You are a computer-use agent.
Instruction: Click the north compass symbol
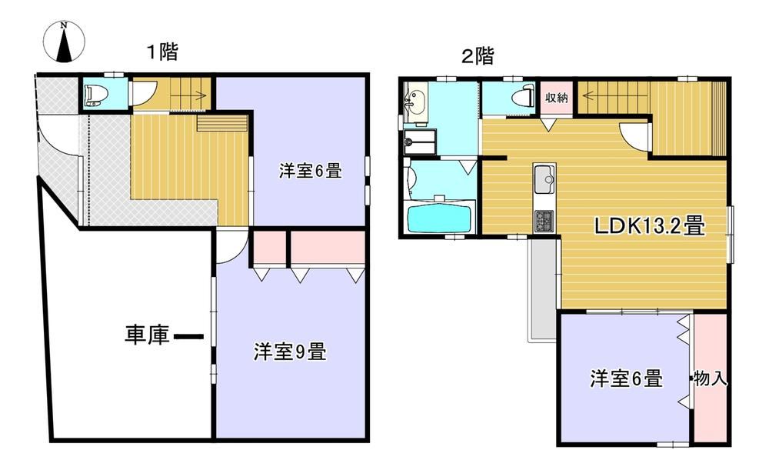coord(65,42)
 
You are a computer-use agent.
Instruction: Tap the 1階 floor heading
coord(163,52)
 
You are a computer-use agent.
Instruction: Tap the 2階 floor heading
coord(478,56)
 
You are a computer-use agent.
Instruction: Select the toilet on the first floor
coord(94,95)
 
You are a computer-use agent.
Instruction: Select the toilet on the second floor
coord(523,95)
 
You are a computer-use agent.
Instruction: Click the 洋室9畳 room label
coord(290,352)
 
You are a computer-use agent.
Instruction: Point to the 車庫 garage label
coord(147,335)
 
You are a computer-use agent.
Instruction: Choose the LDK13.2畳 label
coord(650,226)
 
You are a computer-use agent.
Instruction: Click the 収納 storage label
coord(557,97)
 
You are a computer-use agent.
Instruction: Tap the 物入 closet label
coord(711,378)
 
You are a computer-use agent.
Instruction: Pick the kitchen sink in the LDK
coord(544,179)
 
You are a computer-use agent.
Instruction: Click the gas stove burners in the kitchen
coord(544,222)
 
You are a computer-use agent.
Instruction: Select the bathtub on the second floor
coord(439,217)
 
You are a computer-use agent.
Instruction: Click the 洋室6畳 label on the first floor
coord(311,171)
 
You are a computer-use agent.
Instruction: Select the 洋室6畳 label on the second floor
coord(626,378)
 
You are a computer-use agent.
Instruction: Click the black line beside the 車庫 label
coord(189,337)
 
